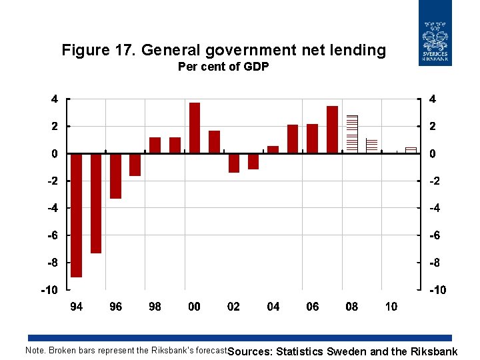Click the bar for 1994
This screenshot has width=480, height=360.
pyautogui.click(x=76, y=215)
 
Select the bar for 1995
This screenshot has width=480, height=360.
pyautogui.click(x=96, y=203)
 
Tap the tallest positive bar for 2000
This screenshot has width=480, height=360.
pyautogui.click(x=194, y=128)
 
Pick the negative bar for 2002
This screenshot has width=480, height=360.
pyautogui.click(x=233, y=163)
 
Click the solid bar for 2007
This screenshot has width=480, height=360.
pyautogui.click(x=332, y=129)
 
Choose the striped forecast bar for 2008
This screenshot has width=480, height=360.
pyautogui.click(x=352, y=134)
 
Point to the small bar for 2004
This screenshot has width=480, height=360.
pyautogui.click(x=273, y=149)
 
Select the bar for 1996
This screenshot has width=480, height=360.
pyautogui.click(x=115, y=175)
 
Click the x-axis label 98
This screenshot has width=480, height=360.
pyautogui.click(x=155, y=307)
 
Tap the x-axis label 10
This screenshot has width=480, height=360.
pyautogui.click(x=391, y=307)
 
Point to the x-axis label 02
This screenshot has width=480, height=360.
pyautogui.click(x=233, y=307)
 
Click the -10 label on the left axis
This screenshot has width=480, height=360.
pyautogui.click(x=49, y=290)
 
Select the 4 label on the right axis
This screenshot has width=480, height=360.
pyautogui.click(x=433, y=99)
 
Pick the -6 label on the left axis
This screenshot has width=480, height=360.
pyautogui.click(x=51, y=235)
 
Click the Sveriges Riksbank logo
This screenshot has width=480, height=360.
pyautogui.click(x=435, y=33)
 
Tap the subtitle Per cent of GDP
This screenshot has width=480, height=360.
pyautogui.click(x=223, y=67)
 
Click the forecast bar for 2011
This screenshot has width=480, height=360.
pyautogui.click(x=411, y=150)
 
